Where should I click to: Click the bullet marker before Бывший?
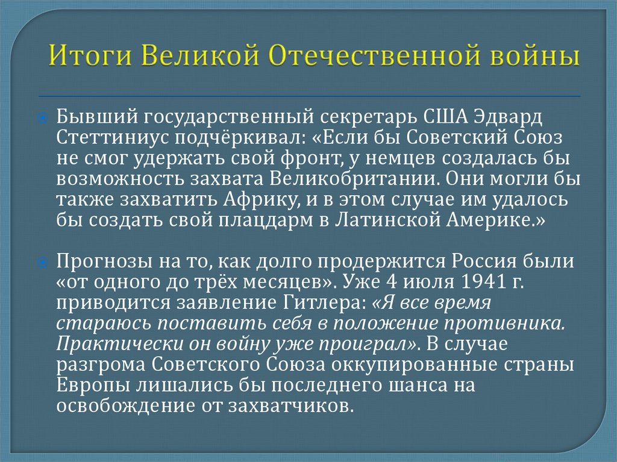click(43, 117)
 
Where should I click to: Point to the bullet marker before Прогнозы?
click(43, 262)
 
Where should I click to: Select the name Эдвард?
click(508, 117)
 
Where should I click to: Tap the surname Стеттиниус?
click(113, 138)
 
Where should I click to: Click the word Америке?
click(492, 220)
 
